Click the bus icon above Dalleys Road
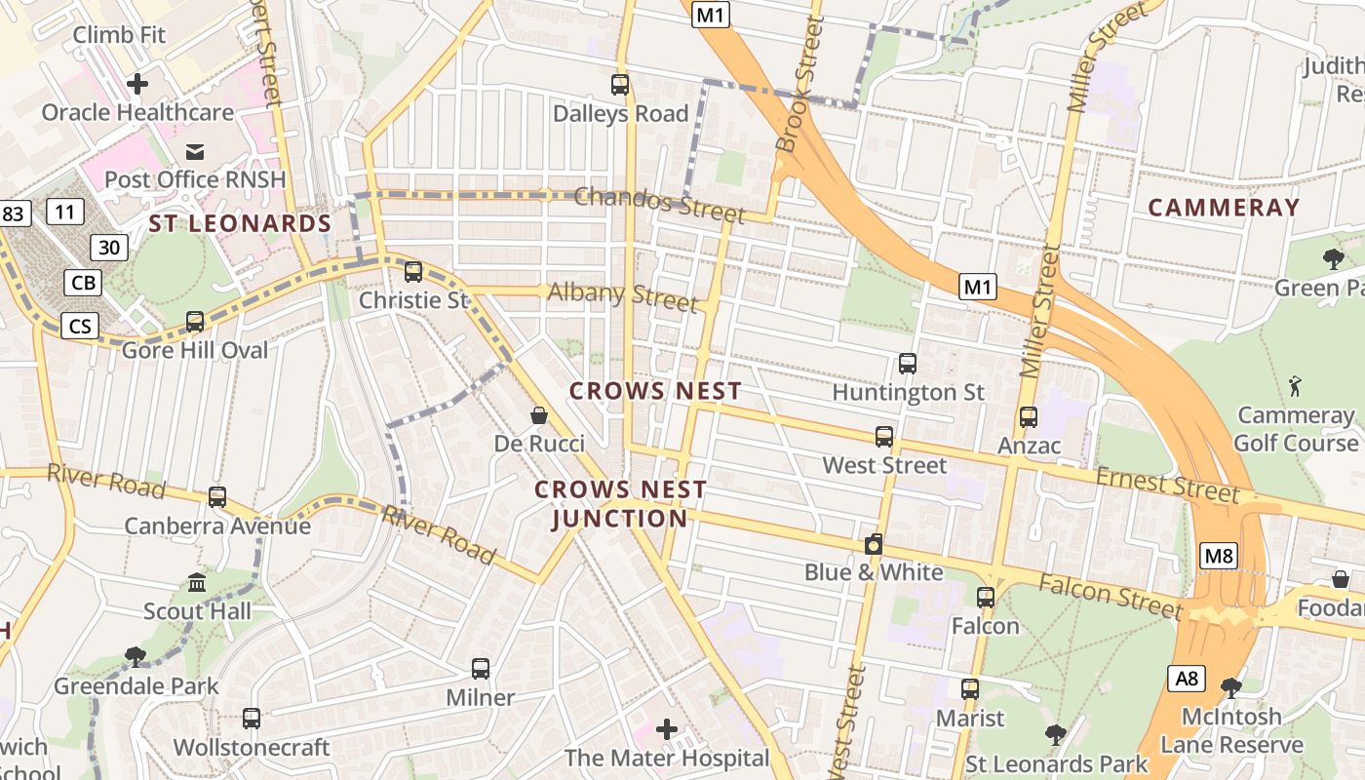(620, 85)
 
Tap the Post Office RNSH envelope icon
(195, 151)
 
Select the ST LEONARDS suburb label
(240, 223)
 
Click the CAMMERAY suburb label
(1224, 207)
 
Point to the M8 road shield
(1219, 557)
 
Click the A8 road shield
(1188, 679)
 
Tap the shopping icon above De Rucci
(538, 416)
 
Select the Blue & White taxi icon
(874, 544)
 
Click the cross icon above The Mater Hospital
(667, 729)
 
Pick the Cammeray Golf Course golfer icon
(1295, 385)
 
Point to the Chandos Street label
(659, 204)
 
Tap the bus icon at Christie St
(413, 271)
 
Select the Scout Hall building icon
(197, 583)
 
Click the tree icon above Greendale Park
(136, 657)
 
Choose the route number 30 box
(109, 248)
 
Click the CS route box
(80, 325)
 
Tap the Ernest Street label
(1167, 484)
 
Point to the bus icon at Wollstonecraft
(252, 719)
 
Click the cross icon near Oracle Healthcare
(137, 84)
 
